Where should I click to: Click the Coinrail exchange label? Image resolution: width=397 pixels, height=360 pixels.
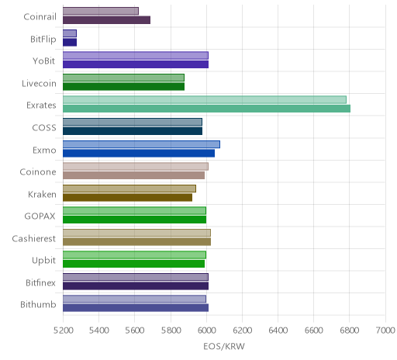(40, 17)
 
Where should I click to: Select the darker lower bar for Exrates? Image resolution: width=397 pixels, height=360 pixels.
(206, 109)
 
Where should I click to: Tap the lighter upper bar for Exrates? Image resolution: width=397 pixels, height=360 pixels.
(205, 100)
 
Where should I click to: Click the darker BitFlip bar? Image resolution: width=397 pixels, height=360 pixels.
(70, 43)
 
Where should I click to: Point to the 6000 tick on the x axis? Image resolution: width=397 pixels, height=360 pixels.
(206, 331)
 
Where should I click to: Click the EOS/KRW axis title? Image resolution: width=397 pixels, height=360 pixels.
(224, 347)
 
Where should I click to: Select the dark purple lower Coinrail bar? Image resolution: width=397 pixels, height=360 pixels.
(106, 20)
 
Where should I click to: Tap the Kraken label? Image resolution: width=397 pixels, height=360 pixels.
(42, 194)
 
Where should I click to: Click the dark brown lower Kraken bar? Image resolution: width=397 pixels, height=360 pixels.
(127, 197)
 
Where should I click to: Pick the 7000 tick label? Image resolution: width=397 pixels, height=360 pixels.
(385, 331)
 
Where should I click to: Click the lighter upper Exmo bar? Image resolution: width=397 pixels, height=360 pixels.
(141, 144)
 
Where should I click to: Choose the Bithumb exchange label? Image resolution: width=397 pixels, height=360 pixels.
(38, 305)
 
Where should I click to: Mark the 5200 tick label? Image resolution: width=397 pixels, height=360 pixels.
(63, 331)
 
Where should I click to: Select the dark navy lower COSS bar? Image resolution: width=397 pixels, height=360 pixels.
(133, 131)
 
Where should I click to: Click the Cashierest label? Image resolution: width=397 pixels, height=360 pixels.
(34, 238)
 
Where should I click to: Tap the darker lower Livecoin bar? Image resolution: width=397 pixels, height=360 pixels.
(123, 87)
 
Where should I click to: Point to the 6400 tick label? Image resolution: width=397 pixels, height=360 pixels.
(278, 331)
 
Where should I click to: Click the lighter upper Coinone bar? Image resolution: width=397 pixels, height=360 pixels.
(136, 166)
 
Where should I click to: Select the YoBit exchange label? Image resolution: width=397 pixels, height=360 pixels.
(44, 61)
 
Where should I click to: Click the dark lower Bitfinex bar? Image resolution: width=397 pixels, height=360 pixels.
(136, 286)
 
